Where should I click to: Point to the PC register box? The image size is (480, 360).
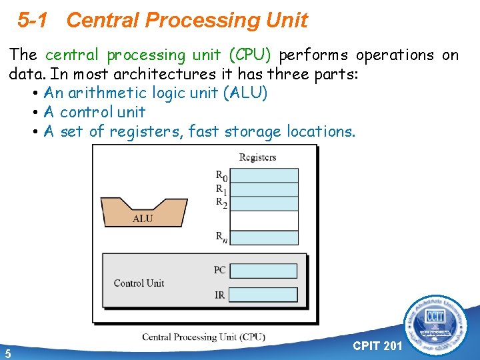coord(267,271)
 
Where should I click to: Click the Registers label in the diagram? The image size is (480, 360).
coord(257,157)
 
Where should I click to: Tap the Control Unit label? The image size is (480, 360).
coord(139,283)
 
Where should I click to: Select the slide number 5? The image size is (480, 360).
coord(7,353)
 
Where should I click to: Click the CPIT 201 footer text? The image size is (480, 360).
coord(377,345)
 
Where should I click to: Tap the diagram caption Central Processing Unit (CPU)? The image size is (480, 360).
coord(203,337)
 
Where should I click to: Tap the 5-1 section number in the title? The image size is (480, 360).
coord(33,21)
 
